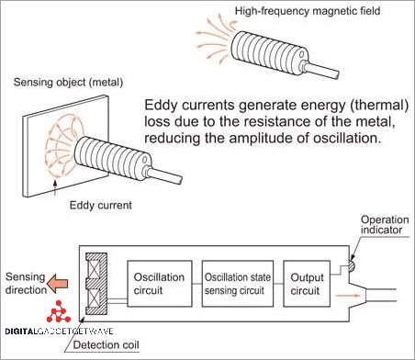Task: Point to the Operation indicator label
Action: point(384,226)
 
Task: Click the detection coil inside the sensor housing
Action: point(95,282)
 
